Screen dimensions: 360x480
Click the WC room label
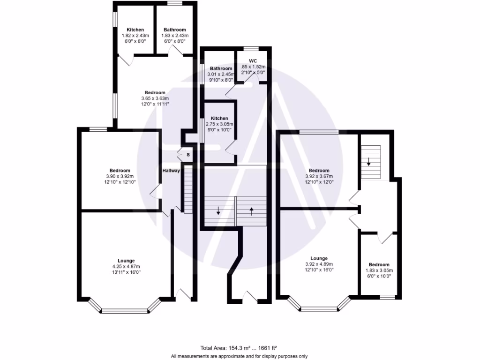pyautogui.click(x=253, y=61)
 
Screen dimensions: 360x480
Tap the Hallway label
pyautogui.click(x=171, y=171)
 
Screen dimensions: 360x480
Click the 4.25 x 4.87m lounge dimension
pyautogui.click(x=127, y=267)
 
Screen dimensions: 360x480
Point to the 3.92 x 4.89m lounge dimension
pyautogui.click(x=319, y=264)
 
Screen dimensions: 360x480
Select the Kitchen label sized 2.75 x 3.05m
pyautogui.click(x=219, y=118)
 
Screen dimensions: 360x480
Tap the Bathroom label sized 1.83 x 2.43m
pyautogui.click(x=174, y=30)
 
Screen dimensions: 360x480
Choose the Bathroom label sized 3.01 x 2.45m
pyautogui.click(x=221, y=68)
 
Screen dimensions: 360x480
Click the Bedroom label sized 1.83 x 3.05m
pyautogui.click(x=379, y=264)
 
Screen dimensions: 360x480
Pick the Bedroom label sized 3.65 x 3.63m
pyautogui.click(x=155, y=92)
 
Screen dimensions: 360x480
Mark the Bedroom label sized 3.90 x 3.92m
pyautogui.click(x=120, y=170)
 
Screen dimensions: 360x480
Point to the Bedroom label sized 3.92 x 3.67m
pyautogui.click(x=319, y=170)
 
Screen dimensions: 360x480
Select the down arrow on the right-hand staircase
pyautogui.click(x=369, y=162)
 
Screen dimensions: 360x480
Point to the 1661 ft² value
pyautogui.click(x=268, y=348)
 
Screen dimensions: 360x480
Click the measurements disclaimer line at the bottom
pyautogui.click(x=239, y=356)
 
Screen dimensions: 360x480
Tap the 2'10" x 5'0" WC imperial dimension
pyautogui.click(x=253, y=73)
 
